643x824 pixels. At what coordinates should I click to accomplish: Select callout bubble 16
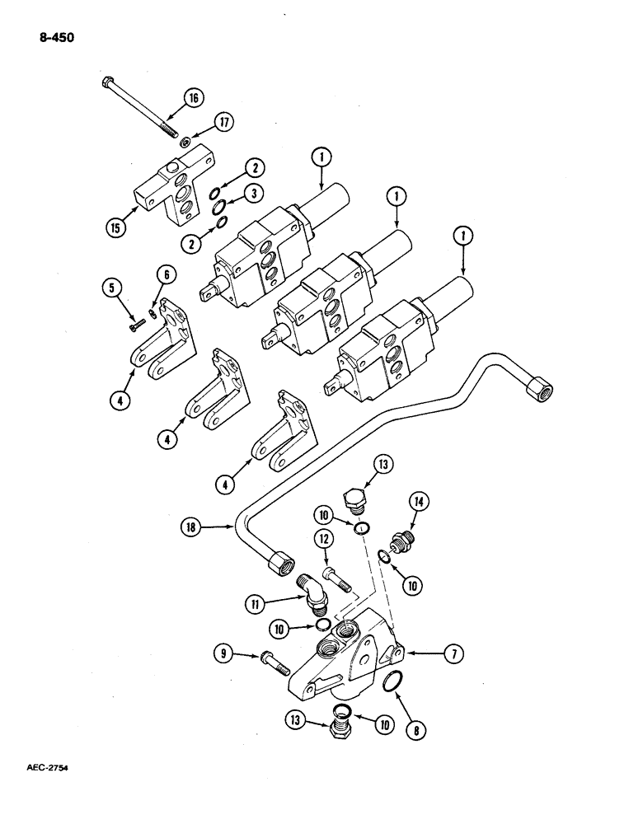pyautogui.click(x=193, y=98)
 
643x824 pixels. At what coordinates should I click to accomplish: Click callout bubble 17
pyautogui.click(x=223, y=123)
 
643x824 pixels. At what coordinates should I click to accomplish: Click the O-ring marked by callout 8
pyautogui.click(x=394, y=682)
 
